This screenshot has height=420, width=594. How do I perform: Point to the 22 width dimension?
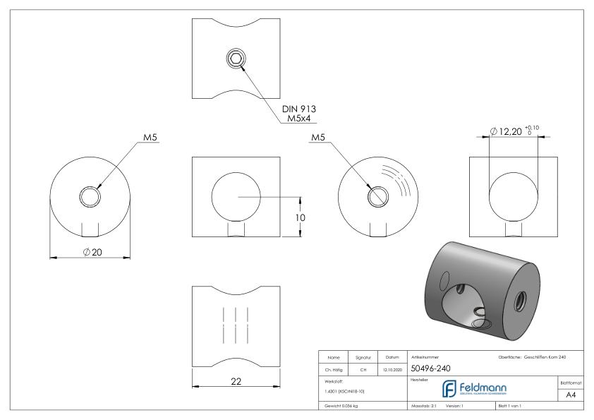[x=236, y=381]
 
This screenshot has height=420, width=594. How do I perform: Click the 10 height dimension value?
[x=300, y=218]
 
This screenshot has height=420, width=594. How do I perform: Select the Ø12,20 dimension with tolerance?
[x=518, y=131]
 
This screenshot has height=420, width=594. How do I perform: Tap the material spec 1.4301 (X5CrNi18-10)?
[x=345, y=390]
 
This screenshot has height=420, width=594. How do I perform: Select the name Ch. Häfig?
[x=334, y=368]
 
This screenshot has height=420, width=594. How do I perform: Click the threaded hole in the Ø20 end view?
[x=90, y=196]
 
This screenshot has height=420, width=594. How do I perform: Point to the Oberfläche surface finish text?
[x=531, y=357]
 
